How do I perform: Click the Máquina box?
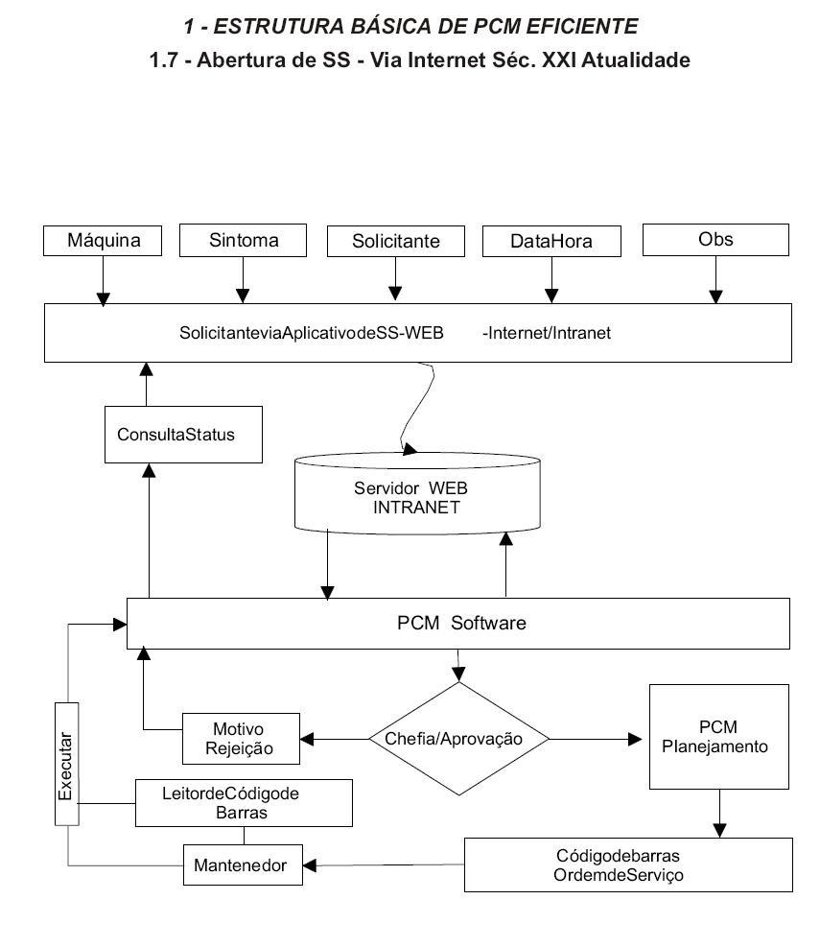point(103,241)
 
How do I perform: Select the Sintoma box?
point(243,241)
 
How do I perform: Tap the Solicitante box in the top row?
point(396,241)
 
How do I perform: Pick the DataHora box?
point(551,241)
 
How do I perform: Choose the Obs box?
point(715,240)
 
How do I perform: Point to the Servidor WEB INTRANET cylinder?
point(417,493)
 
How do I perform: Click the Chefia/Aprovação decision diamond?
point(458,739)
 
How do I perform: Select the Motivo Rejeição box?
point(241,739)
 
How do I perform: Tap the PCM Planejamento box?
point(719,737)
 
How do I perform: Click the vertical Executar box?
point(67,764)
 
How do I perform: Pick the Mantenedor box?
point(243,864)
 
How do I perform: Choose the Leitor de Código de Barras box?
point(244,803)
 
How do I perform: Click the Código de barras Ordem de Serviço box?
point(628,864)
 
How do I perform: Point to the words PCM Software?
point(461,623)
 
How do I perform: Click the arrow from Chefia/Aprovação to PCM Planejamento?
point(596,739)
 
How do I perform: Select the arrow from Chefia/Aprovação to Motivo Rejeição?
point(335,739)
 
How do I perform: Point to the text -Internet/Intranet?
point(547,333)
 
